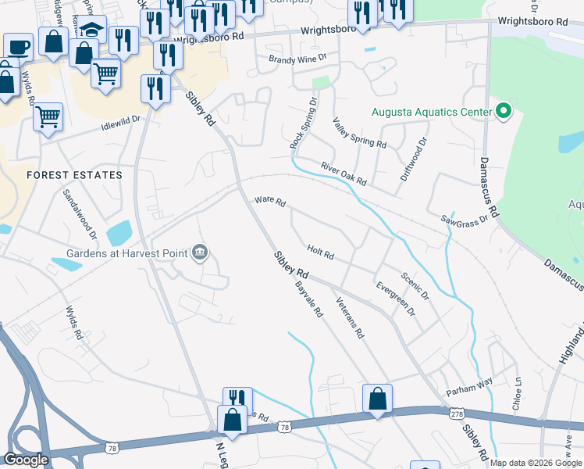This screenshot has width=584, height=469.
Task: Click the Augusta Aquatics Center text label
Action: click(431, 111)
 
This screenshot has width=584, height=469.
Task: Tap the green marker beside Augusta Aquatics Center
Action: click(503, 112)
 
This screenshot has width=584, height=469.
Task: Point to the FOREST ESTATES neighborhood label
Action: click(75, 175)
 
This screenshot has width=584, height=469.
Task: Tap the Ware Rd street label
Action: click(270, 202)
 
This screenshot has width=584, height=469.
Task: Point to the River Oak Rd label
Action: click(344, 174)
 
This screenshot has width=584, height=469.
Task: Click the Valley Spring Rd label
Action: click(359, 133)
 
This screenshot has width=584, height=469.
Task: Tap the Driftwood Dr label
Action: click(415, 159)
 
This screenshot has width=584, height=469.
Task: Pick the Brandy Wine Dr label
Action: click(296, 59)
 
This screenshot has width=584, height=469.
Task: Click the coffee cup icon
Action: click(18, 46)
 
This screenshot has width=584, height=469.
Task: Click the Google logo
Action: click(27, 459)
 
